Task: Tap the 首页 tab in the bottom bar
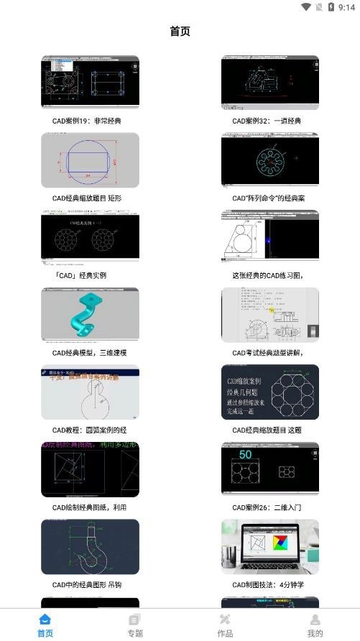45,624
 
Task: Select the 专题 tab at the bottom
135,624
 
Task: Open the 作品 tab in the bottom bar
225,624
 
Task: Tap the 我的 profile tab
315,624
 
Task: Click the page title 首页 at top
180,32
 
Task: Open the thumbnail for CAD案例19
90,83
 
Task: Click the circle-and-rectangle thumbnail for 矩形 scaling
90,160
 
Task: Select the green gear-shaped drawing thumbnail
269,160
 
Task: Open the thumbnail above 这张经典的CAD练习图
269,237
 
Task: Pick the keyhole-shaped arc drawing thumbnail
90,392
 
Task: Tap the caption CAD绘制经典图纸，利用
89,507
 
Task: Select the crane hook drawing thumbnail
90,546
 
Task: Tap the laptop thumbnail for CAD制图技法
269,546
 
